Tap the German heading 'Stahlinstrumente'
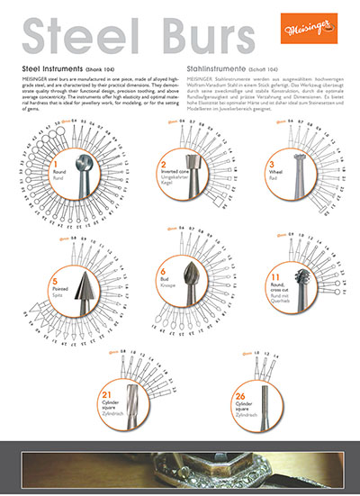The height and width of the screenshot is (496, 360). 220,68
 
